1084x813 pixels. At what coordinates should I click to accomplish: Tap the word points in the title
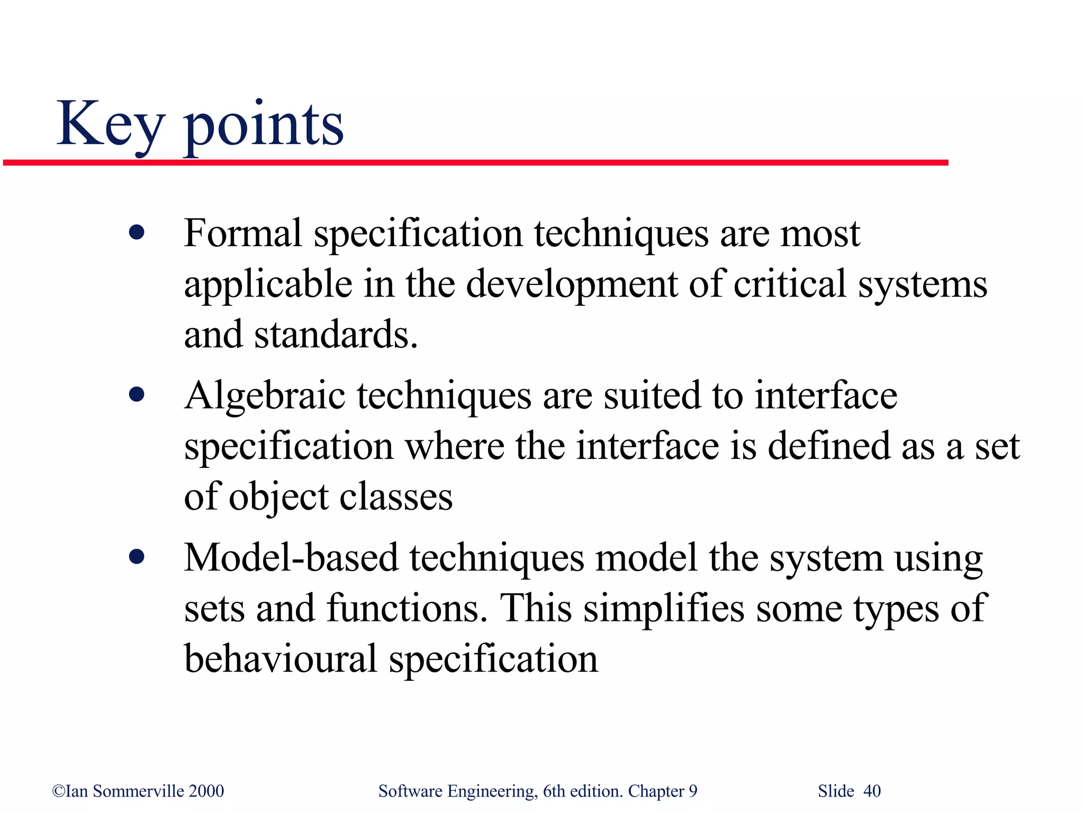(263, 127)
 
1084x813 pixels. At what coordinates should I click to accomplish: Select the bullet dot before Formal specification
(137, 233)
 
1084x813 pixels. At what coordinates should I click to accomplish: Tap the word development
(572, 284)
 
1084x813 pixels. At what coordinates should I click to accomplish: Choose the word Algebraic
(265, 396)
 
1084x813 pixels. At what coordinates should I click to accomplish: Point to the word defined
(828, 446)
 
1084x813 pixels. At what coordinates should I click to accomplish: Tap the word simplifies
(664, 608)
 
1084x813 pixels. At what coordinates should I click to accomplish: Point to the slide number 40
(872, 791)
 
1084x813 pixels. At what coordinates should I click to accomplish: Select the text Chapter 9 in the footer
(662, 791)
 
